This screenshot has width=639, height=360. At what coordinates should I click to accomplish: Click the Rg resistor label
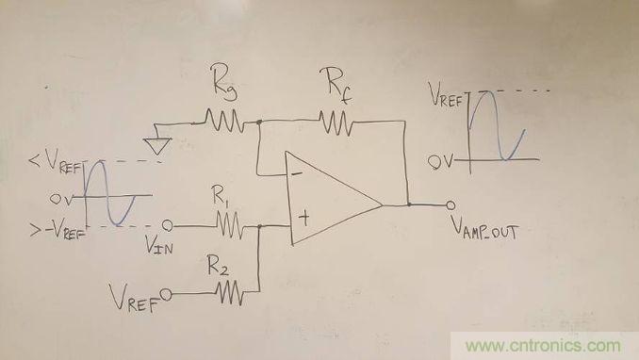click(224, 82)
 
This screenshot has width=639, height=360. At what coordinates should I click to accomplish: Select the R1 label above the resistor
click(220, 195)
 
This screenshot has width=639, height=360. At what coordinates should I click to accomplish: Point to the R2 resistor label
click(218, 265)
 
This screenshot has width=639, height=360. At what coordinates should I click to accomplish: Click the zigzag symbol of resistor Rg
click(224, 121)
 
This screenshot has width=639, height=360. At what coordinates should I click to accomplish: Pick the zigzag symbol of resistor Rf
click(336, 123)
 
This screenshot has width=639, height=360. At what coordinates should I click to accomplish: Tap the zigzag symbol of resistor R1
click(230, 224)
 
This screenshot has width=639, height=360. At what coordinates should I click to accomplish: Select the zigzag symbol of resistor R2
click(230, 292)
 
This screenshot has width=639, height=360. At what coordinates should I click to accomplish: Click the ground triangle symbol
click(157, 145)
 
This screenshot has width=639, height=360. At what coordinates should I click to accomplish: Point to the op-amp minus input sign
click(297, 174)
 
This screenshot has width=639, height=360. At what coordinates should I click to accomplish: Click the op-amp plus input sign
click(304, 218)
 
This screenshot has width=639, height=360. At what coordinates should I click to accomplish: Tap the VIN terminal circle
click(167, 225)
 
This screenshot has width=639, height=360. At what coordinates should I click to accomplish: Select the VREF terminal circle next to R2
click(166, 294)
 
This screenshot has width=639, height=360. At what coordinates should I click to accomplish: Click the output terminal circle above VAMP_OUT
click(450, 205)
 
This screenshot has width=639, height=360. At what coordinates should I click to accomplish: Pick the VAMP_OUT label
click(484, 228)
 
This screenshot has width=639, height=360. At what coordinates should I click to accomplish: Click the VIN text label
click(159, 245)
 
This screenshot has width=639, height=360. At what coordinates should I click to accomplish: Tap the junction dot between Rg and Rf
click(259, 122)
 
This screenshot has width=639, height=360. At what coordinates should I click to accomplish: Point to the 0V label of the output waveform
click(440, 162)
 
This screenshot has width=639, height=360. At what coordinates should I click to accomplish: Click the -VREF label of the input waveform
click(65, 231)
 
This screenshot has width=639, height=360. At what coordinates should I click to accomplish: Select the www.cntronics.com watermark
click(544, 346)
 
